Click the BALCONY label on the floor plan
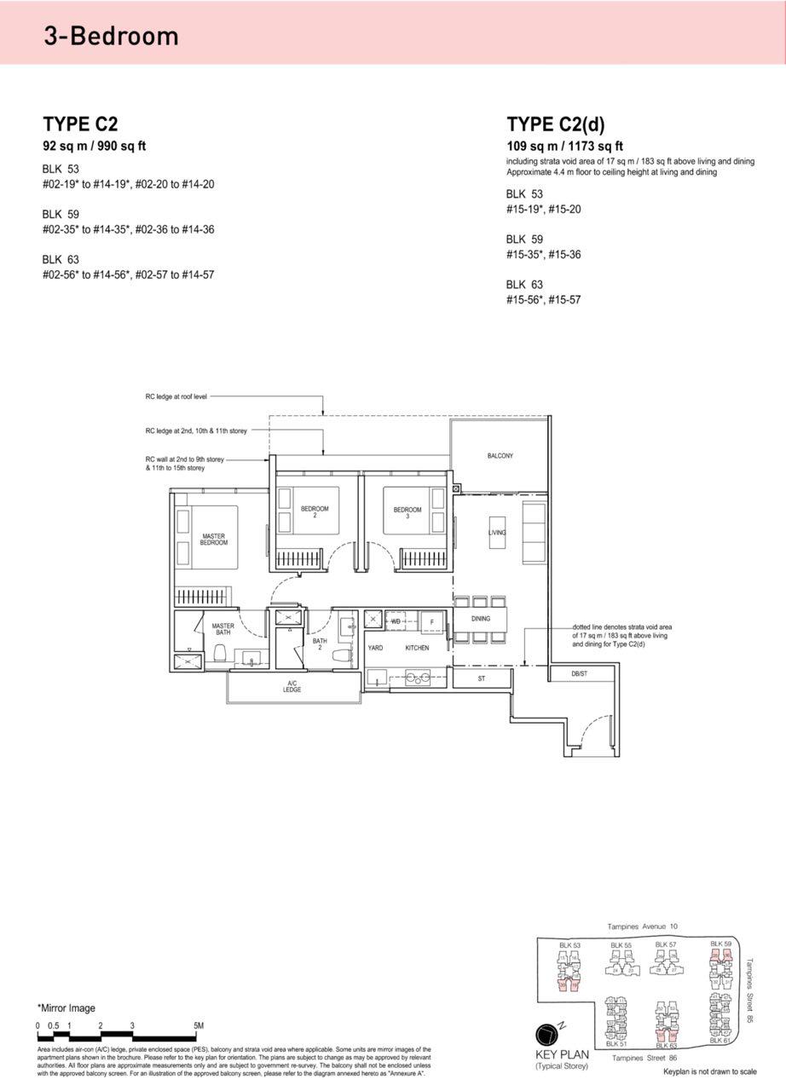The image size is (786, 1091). pos(500,456)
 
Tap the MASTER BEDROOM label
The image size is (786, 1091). pos(213,539)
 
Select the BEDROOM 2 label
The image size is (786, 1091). pos(314,511)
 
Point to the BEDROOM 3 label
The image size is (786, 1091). pos(407,512)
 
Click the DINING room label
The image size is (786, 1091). pos(480,619)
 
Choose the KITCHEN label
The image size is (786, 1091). pos(417,648)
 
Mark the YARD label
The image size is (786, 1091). pos(375,648)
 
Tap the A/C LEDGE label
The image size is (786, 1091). pos(292,686)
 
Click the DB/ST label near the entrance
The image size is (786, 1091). pos(581,674)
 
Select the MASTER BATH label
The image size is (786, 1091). pos(223,629)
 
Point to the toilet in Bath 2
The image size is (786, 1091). pos(343,656)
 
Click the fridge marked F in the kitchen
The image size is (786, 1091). pos(433,621)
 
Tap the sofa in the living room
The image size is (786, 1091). pos(534,533)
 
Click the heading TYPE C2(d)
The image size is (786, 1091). pos(555,124)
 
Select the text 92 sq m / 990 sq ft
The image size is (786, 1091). pos(95,146)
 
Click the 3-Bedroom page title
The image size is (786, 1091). pos(112,36)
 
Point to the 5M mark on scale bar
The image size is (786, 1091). pos(198,1025)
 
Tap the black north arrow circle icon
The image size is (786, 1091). pos(546,1035)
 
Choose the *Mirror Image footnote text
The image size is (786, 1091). pos(66,1007)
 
